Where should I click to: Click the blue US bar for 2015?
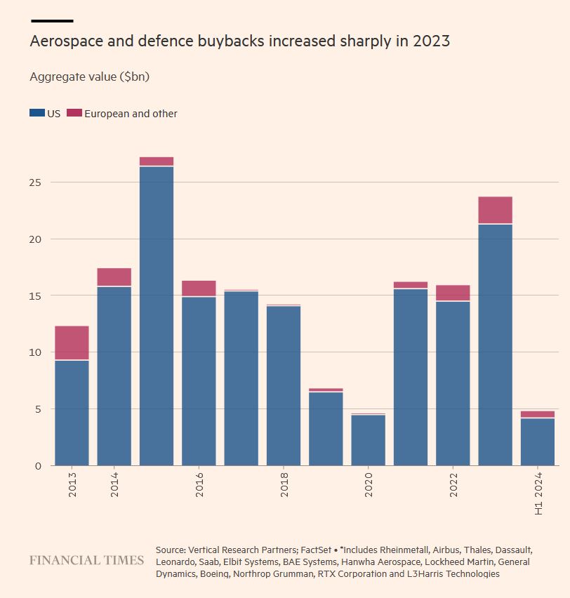pyautogui.click(x=157, y=316)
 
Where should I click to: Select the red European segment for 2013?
pyautogui.click(x=72, y=343)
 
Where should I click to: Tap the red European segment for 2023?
pyautogui.click(x=495, y=210)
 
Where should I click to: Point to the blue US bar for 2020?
pyautogui.click(x=368, y=440)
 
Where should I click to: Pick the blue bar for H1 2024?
pyautogui.click(x=537, y=441)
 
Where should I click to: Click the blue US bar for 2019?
pyautogui.click(x=326, y=428)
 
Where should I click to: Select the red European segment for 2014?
pyautogui.click(x=114, y=277)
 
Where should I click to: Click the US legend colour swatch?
pyautogui.click(x=37, y=113)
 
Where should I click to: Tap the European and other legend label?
pyautogui.click(x=131, y=114)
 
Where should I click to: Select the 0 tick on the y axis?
pyautogui.click(x=38, y=465)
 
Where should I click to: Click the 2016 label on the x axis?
pyautogui.click(x=200, y=484)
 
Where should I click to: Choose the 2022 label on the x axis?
pyautogui.click(x=454, y=484)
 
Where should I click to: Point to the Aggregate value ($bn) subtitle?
pyautogui.click(x=89, y=77)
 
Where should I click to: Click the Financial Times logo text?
pyautogui.click(x=86, y=560)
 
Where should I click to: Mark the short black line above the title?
pyautogui.click(x=52, y=21)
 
